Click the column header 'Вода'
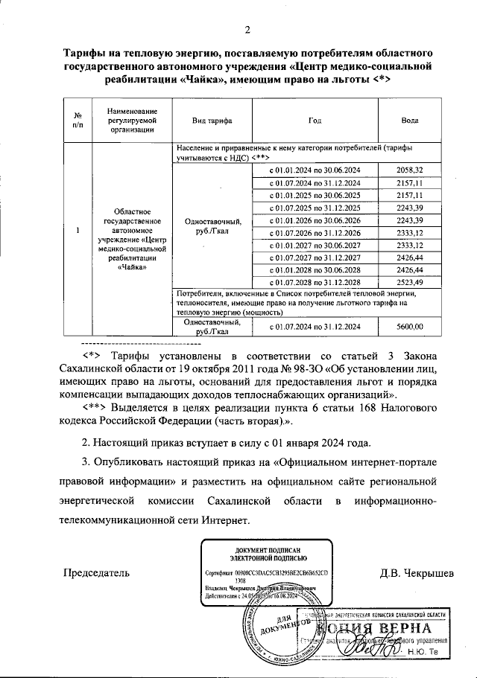click(409, 120)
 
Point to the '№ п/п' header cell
click(78, 120)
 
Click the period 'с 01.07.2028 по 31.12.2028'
click(318, 282)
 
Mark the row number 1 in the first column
click(78, 230)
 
